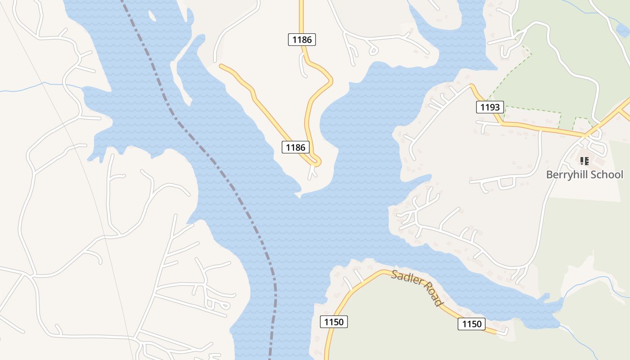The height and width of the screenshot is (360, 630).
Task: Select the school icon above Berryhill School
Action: click(584, 161)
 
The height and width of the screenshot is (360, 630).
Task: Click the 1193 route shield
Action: click(490, 107)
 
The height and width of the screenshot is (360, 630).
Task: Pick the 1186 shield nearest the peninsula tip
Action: click(296, 147)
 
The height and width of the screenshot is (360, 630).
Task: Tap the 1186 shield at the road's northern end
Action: click(301, 40)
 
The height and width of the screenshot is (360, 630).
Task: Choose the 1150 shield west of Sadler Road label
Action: click(333, 322)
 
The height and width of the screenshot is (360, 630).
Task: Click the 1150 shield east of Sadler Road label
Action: click(472, 324)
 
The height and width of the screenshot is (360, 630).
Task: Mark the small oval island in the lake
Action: click(152, 16)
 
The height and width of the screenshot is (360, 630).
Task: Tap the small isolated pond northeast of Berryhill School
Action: click(622, 30)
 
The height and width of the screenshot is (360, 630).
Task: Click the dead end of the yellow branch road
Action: click(221, 66)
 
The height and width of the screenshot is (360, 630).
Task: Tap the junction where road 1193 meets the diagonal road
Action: click(585, 134)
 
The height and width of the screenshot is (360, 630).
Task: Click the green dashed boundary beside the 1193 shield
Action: click(531, 109)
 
